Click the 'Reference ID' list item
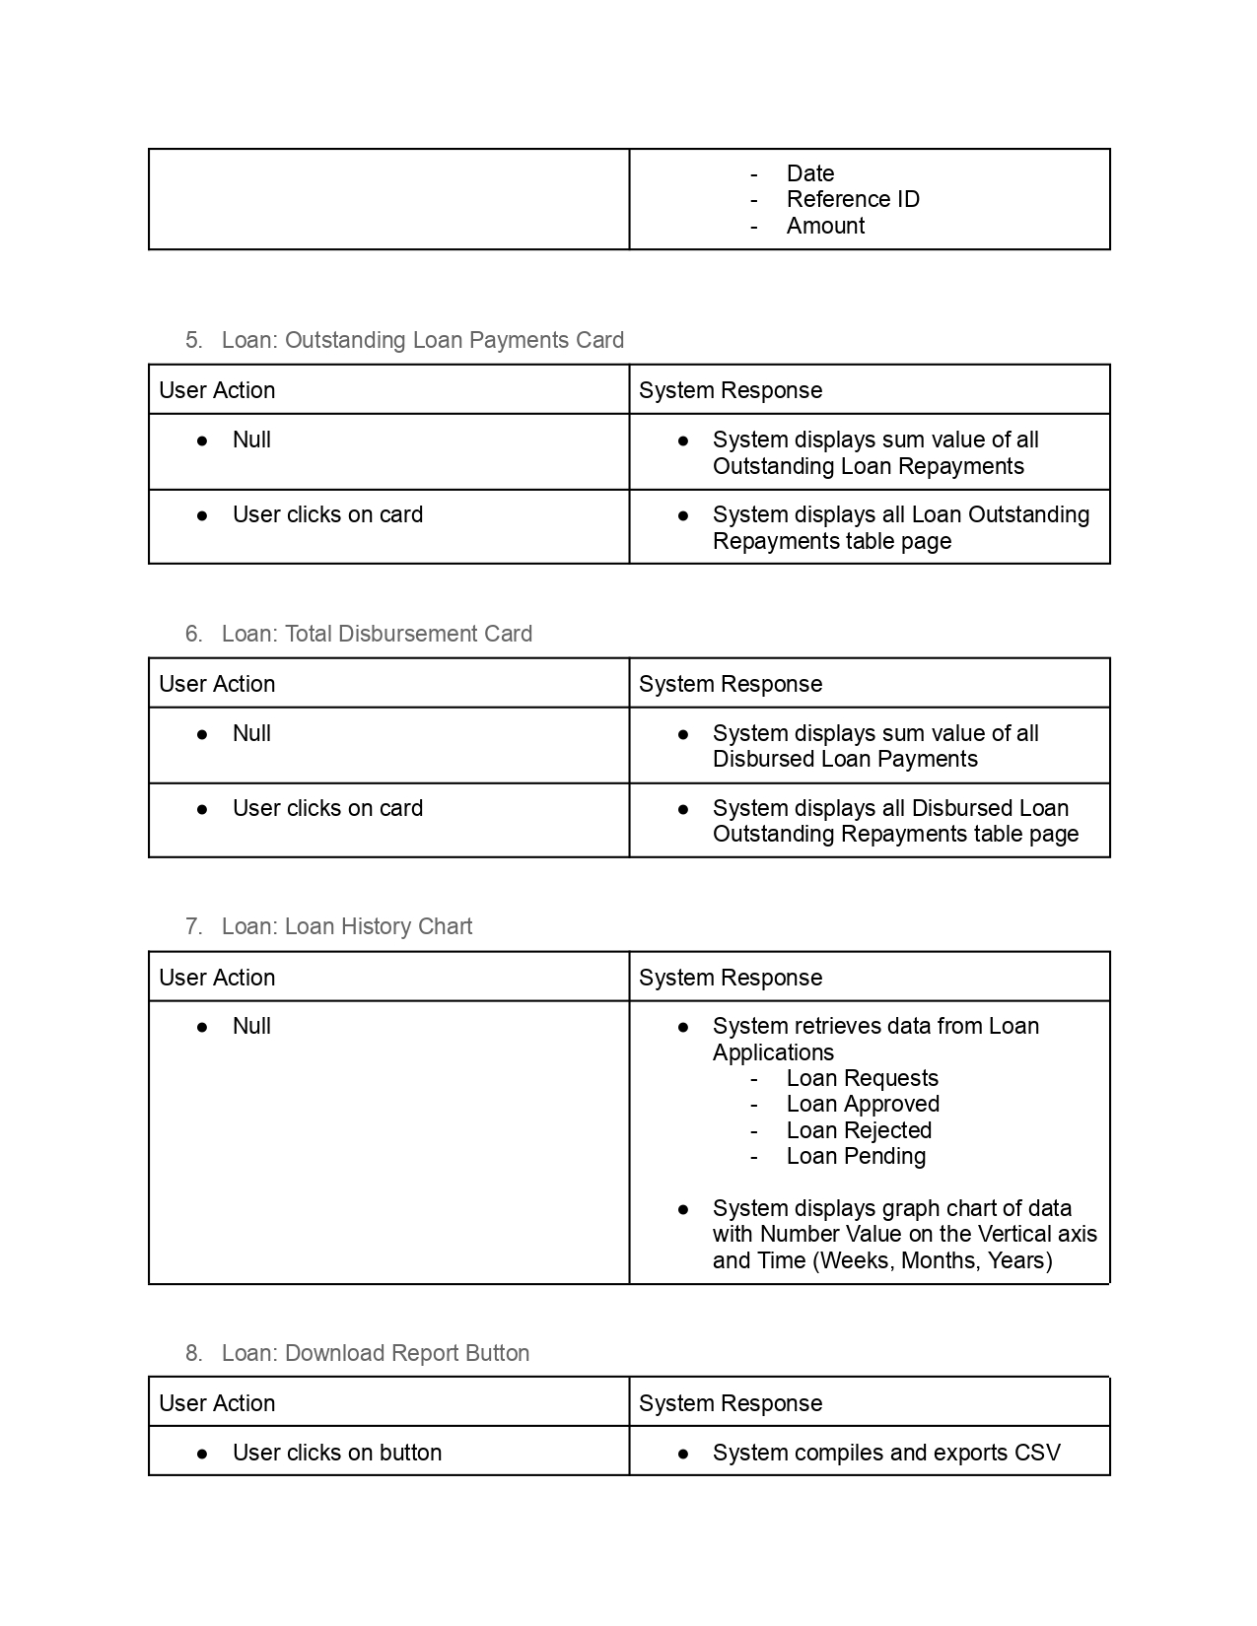coord(853,199)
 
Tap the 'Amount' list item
coord(825,226)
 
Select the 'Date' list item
coord(810,173)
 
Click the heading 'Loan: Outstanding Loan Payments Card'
coord(422,340)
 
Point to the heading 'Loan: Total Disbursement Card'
coord(377,634)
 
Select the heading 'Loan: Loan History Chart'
coord(346,926)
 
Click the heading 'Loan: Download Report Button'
coord(375,1353)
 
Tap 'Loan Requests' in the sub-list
coord(862,1078)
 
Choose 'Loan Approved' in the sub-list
coord(863,1104)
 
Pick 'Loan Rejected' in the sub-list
coord(859,1130)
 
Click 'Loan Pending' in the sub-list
coord(856,1156)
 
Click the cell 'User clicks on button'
coord(336,1453)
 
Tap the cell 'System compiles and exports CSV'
coord(886,1453)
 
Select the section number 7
coord(193,926)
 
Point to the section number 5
coord(193,340)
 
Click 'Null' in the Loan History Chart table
coord(251,1026)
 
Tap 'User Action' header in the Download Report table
coord(217,1403)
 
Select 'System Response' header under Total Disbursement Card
coord(730,684)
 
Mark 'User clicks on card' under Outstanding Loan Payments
coord(327,514)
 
